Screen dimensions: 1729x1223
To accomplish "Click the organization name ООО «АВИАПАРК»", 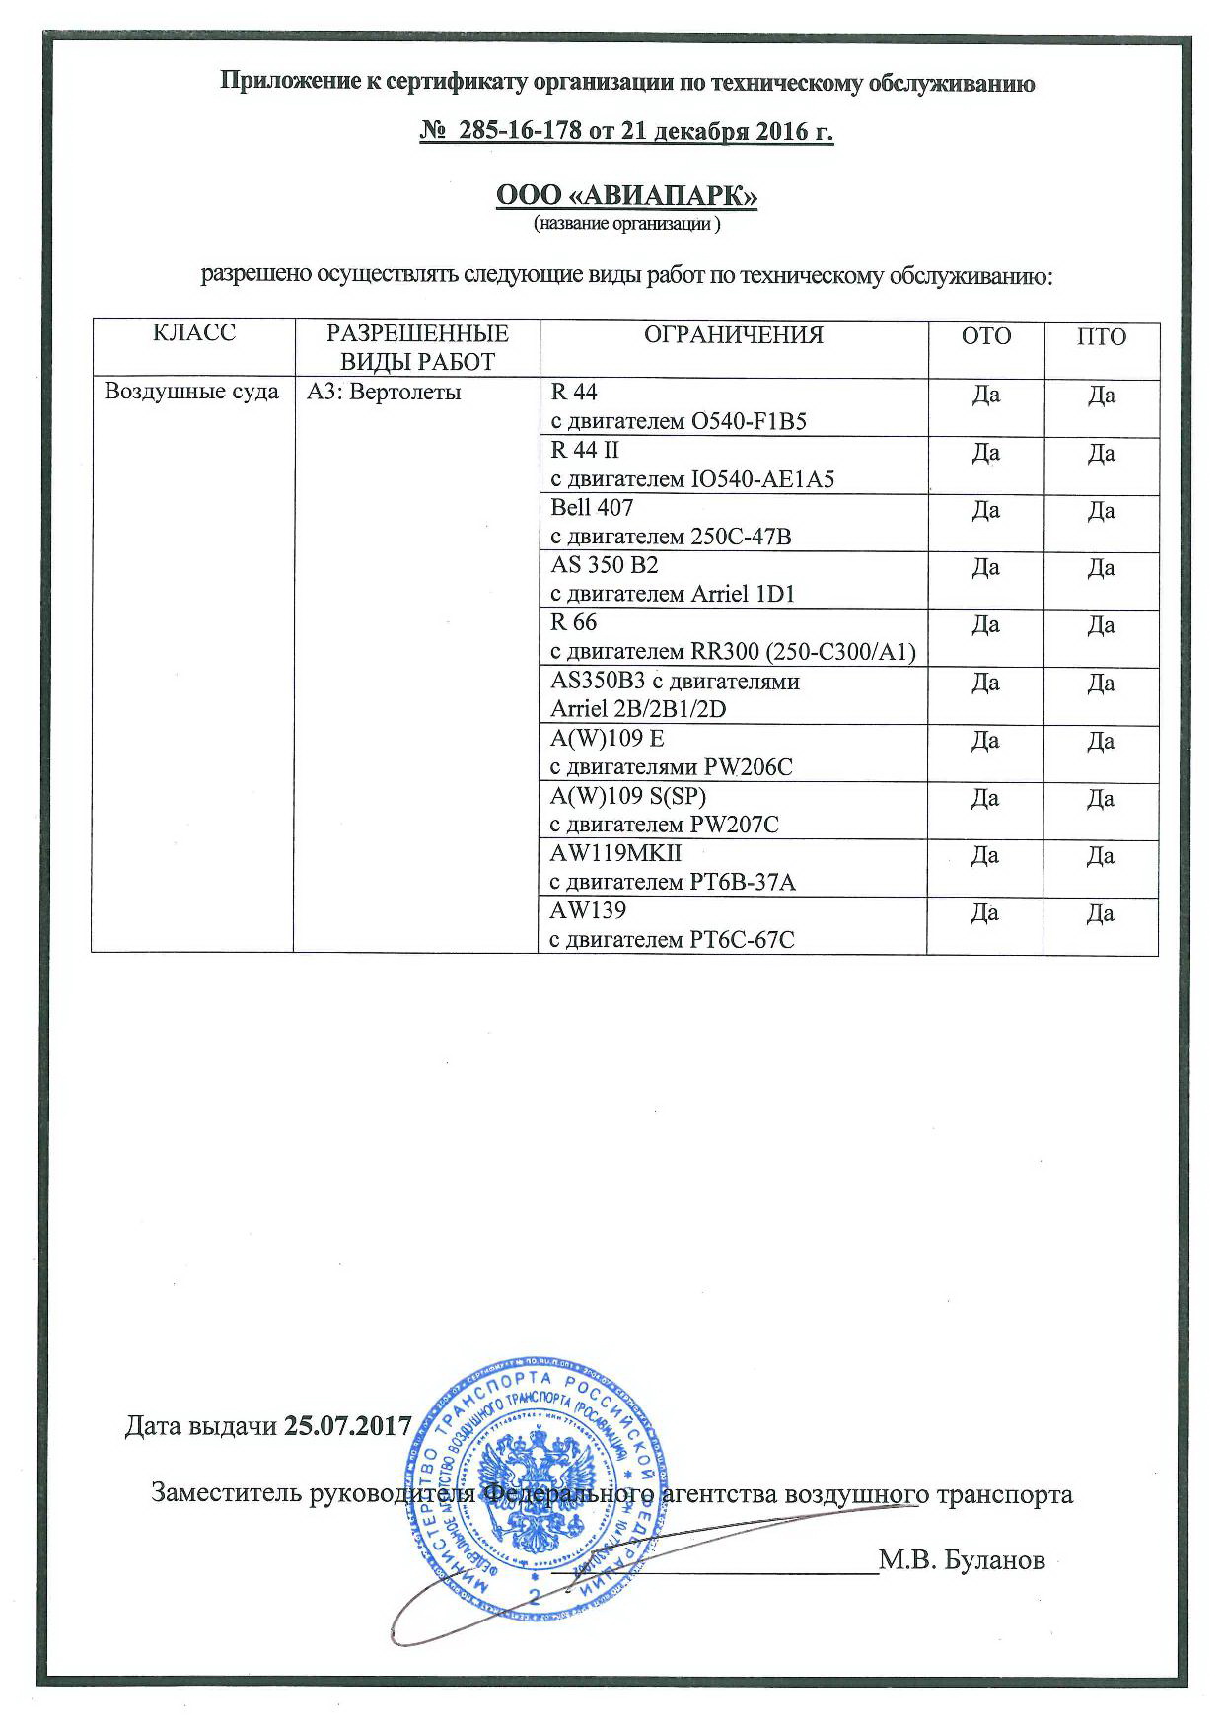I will pyautogui.click(x=626, y=196).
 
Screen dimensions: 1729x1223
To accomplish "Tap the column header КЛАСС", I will pyautogui.click(x=194, y=333).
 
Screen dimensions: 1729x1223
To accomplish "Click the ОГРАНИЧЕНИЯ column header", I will pyautogui.click(x=733, y=335).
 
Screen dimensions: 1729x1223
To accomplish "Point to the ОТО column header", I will pyautogui.click(x=985, y=336).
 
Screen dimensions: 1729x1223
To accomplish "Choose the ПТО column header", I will pyautogui.click(x=1101, y=336).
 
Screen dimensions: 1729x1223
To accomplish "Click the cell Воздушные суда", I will pyautogui.click(x=191, y=393).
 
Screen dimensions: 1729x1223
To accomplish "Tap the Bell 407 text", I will pyautogui.click(x=592, y=507).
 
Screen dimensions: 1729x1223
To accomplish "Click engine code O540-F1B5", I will pyautogui.click(x=750, y=422).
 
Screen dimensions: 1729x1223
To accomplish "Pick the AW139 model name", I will pyautogui.click(x=588, y=908).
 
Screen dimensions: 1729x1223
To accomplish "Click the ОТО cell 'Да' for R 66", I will pyautogui.click(x=985, y=625).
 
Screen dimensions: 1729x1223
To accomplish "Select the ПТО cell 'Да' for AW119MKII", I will pyautogui.click(x=1101, y=855).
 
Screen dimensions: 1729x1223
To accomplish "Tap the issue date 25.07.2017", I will pyautogui.click(x=346, y=1425).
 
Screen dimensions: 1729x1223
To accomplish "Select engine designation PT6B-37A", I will pyautogui.click(x=738, y=882).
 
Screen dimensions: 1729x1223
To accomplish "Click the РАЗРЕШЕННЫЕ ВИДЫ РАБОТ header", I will pyautogui.click(x=416, y=347).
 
